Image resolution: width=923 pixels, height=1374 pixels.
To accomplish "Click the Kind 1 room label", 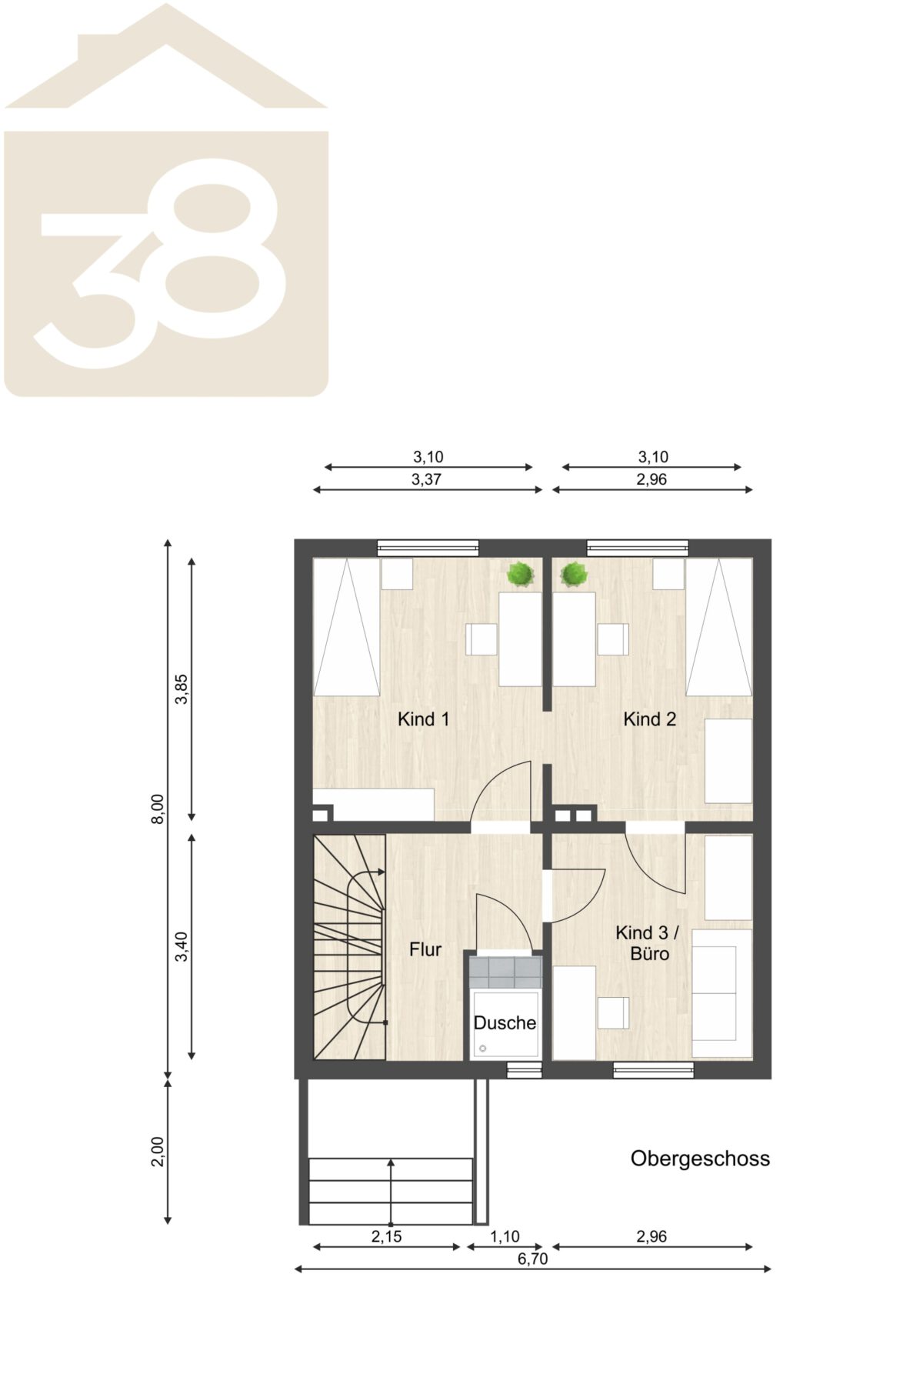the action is click(423, 719).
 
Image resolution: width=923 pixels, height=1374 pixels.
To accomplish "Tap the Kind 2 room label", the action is click(650, 719).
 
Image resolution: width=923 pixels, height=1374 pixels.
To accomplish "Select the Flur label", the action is click(425, 949).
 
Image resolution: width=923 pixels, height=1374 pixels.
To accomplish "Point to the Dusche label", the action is click(505, 1023).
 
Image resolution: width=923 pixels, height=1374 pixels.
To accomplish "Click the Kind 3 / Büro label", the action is click(648, 943).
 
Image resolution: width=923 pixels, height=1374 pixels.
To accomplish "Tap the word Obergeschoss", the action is click(700, 1159).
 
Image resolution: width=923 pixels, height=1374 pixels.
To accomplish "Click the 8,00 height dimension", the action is click(158, 809).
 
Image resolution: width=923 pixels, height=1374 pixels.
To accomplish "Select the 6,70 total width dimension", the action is click(533, 1259).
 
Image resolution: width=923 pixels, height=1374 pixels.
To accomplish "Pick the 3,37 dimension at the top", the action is click(427, 479).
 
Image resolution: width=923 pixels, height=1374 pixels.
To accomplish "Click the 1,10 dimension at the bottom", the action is click(505, 1237).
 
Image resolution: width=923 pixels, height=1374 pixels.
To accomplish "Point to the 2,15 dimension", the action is click(386, 1237).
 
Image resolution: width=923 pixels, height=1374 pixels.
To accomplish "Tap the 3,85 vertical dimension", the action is click(182, 689).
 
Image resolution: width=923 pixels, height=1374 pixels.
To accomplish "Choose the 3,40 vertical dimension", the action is click(182, 946).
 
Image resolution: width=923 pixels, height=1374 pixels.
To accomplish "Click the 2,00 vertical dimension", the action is click(158, 1152).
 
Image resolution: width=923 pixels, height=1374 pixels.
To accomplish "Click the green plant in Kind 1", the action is click(521, 574).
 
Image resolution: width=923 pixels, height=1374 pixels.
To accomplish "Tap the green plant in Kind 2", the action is click(574, 574).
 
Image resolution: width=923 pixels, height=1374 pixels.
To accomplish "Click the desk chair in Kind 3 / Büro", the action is click(614, 1012).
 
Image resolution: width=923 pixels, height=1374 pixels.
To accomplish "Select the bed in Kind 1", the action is click(346, 627).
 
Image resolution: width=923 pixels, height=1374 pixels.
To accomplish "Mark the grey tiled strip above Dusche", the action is click(505, 972).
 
